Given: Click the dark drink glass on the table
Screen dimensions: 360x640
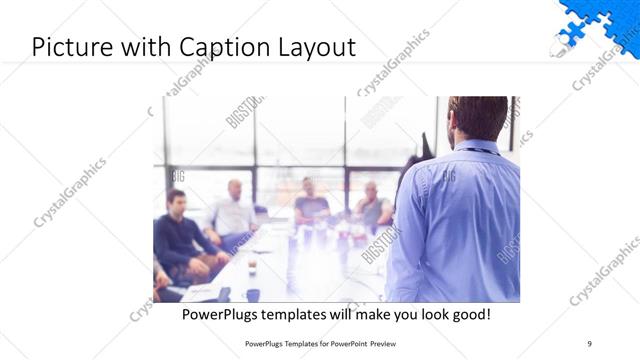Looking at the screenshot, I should coord(252,267).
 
